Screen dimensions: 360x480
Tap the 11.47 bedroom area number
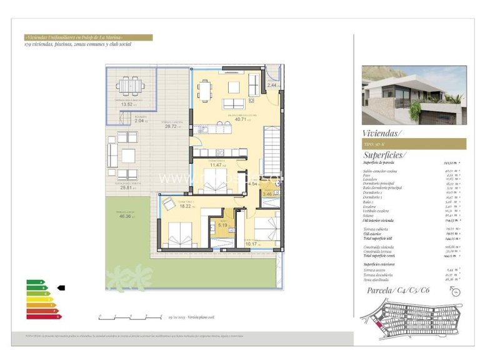[217, 165]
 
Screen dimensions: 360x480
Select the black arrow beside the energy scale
[61, 287]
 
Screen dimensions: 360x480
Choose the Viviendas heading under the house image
[382, 132]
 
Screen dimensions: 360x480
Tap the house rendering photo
[414, 95]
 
